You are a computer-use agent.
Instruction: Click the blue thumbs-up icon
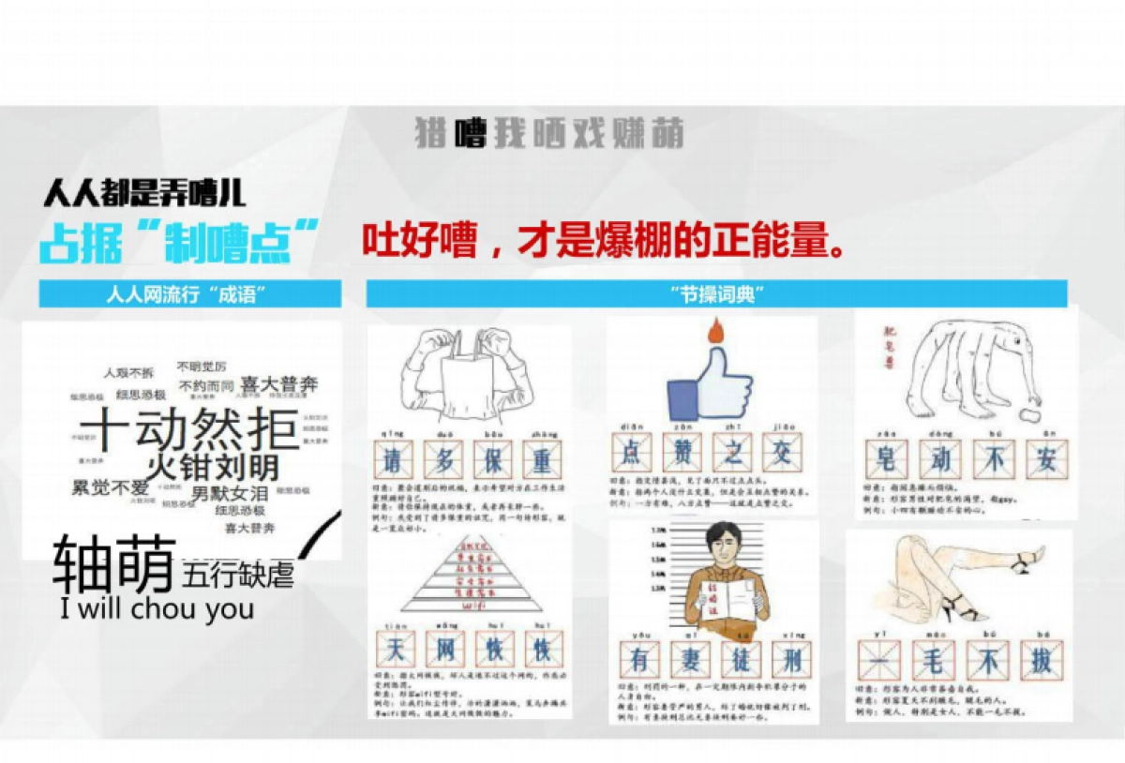point(710,385)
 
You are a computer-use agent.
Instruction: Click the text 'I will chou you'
point(157,609)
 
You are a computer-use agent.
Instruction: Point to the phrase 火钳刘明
point(213,466)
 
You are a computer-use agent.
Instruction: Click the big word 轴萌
point(113,564)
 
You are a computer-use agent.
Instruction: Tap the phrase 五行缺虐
point(239,573)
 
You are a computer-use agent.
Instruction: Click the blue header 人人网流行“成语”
point(189,295)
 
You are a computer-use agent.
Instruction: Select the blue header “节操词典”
point(716,295)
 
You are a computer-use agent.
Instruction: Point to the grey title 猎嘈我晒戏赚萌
point(549,133)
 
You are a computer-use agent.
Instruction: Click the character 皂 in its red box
point(886,459)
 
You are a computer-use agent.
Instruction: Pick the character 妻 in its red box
point(690,660)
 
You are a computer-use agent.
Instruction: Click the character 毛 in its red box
point(936,660)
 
